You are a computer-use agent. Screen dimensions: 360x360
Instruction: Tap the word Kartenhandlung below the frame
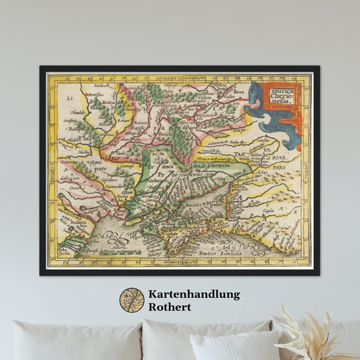tap(193, 294)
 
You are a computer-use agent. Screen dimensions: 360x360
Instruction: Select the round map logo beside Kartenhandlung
tap(132, 301)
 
